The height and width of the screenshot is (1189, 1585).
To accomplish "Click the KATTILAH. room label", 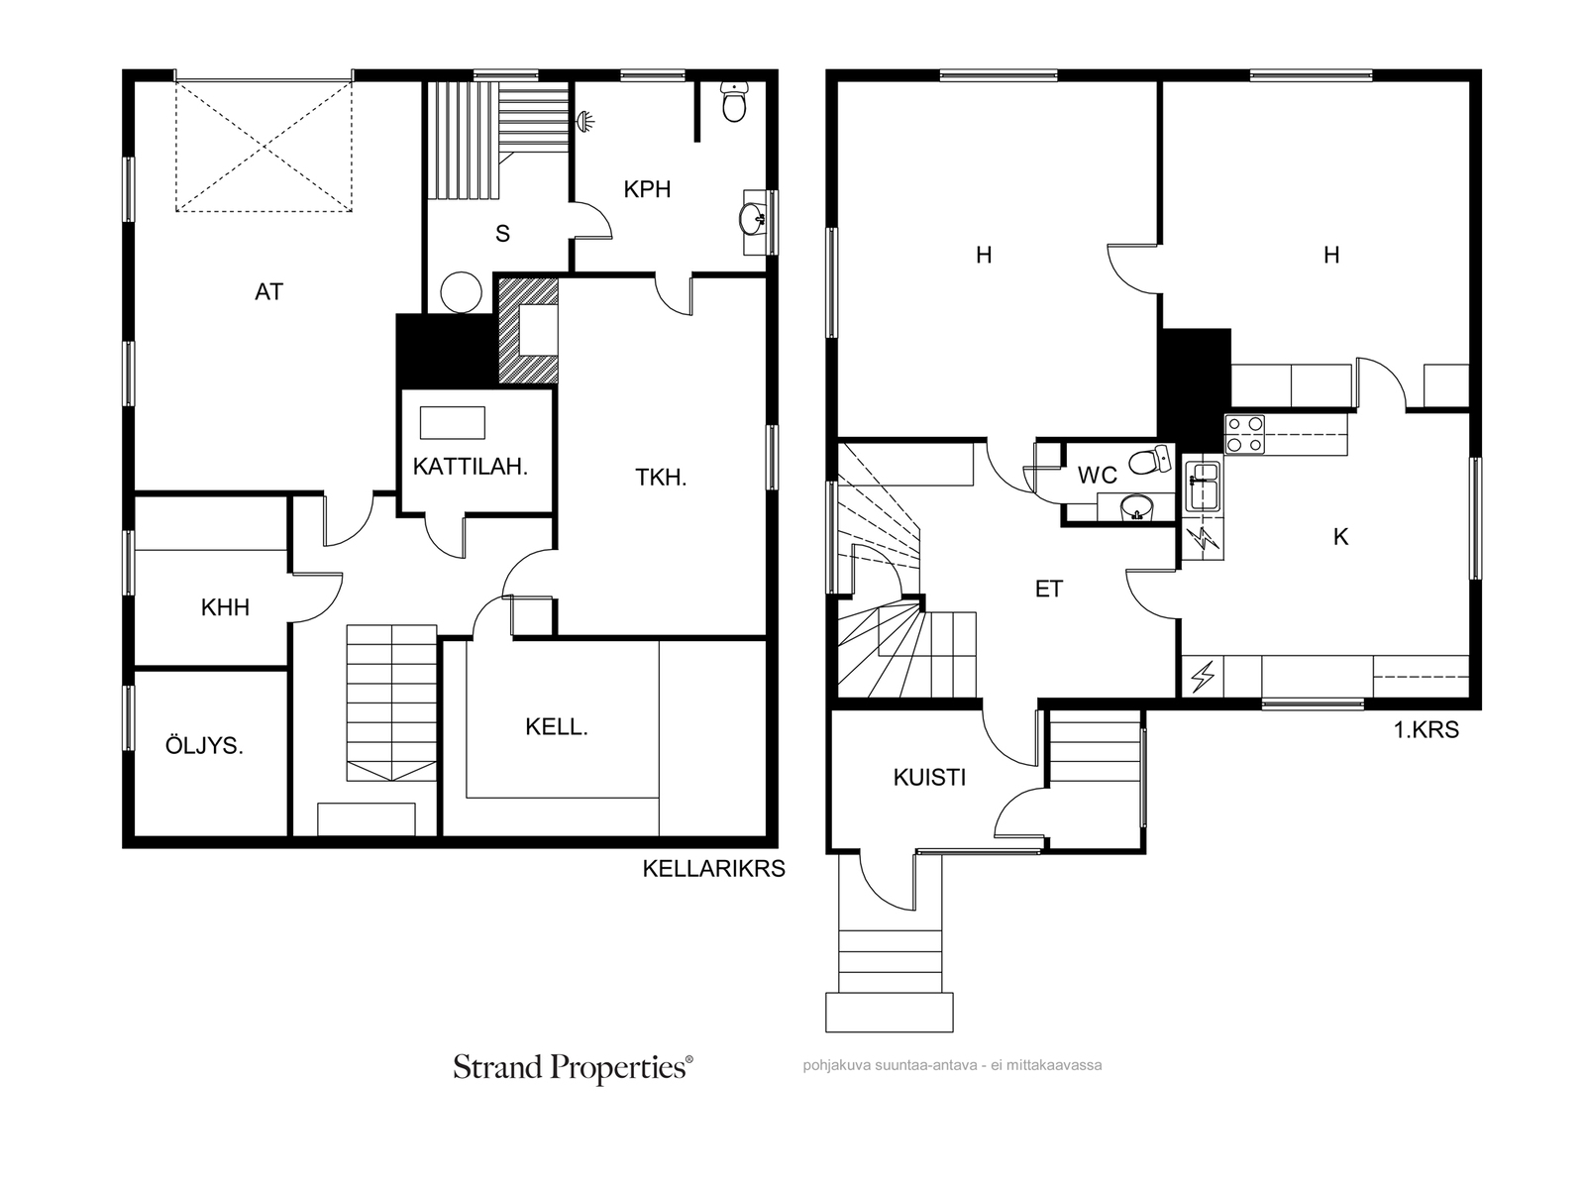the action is tap(471, 467).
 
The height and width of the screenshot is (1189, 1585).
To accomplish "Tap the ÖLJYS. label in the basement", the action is tap(204, 745).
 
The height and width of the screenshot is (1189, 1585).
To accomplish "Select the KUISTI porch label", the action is tap(929, 778).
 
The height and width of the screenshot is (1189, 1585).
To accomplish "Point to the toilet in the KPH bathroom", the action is tap(734, 102).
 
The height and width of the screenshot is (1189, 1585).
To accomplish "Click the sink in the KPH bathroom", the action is tap(753, 219).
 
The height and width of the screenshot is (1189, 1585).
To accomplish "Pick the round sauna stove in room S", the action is tap(461, 291).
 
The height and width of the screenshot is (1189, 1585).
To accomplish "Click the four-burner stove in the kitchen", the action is tap(1244, 434).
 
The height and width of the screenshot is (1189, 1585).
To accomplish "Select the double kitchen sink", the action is tap(1203, 486).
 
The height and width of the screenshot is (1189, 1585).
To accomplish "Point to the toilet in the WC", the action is tap(1149, 460).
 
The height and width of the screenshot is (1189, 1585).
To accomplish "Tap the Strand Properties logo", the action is tap(573, 1067).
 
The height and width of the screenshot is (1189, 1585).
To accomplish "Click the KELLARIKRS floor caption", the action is tap(713, 869).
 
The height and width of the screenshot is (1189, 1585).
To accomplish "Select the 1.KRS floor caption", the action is tap(1426, 730).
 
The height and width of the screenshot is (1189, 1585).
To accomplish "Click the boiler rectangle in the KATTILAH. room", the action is tap(453, 422).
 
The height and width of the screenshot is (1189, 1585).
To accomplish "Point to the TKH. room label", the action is tap(661, 478).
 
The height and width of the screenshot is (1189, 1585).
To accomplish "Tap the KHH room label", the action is tap(225, 607).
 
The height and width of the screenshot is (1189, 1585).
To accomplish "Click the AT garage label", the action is tap(268, 291).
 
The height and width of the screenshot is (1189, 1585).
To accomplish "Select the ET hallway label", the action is tap(1048, 590).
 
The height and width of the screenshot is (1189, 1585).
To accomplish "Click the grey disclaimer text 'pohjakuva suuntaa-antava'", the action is tap(890, 1065).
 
